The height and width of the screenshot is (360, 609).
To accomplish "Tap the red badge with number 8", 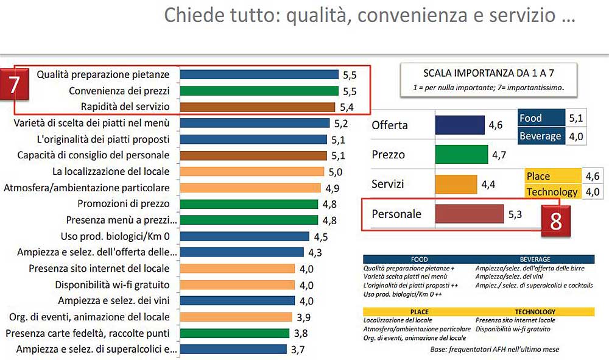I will point(555,221).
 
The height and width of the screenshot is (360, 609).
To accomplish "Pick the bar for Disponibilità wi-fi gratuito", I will point(238,284).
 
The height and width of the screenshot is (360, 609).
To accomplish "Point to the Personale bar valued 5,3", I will point(469,214).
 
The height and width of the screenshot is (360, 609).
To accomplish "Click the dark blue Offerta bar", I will point(459,125).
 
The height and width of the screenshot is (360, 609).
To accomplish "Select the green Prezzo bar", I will point(461,154).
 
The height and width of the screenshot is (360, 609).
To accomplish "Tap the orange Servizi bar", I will point(456,184).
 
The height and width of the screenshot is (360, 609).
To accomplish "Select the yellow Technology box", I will point(552,192).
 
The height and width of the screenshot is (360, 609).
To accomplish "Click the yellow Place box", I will point(552,176).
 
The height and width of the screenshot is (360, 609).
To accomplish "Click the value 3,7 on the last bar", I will point(298,349).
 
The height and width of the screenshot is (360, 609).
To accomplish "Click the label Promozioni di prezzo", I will point(124,203).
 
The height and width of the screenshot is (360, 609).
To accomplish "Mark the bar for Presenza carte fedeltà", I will point(235,333).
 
